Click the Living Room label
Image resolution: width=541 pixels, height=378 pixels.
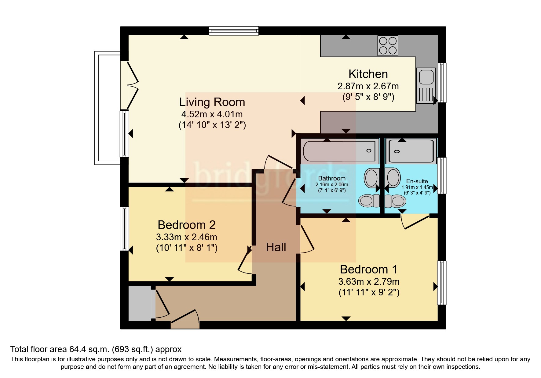(x=212, y=102)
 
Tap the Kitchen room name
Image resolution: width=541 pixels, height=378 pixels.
(x=368, y=74)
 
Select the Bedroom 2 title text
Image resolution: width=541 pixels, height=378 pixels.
(x=187, y=225)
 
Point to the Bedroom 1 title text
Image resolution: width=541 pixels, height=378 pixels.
(x=369, y=269)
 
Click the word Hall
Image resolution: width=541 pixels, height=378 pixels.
(x=276, y=247)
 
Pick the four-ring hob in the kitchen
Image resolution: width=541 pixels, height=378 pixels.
(x=388, y=45)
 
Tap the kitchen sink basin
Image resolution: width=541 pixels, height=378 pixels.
(x=426, y=77)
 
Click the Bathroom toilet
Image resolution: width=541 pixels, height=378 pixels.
(x=369, y=201)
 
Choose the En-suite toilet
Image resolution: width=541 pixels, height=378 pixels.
(x=395, y=201)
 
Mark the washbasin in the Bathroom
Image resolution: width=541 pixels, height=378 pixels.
(x=371, y=178)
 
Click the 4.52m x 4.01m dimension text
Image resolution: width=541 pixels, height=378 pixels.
(x=212, y=114)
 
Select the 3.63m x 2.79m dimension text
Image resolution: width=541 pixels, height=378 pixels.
(x=369, y=282)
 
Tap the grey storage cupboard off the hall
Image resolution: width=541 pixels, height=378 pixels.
(x=140, y=303)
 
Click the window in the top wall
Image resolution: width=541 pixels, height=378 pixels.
(x=234, y=31)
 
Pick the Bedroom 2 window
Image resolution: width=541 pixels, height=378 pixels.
(x=124, y=229)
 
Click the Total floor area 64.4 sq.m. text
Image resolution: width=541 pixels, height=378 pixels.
(x=96, y=349)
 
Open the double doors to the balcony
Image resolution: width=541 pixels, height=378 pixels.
(x=130, y=85)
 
